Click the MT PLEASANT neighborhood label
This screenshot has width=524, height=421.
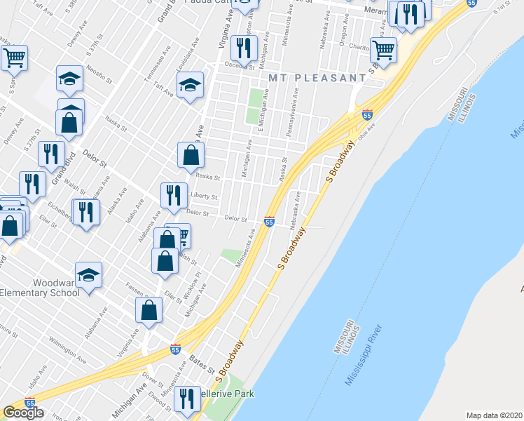315,77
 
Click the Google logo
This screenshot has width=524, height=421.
23,413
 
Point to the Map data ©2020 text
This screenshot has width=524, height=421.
494,415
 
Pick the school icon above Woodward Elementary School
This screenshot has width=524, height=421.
89,274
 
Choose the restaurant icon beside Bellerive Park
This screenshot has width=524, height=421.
186,399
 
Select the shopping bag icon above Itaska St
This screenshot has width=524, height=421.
191,156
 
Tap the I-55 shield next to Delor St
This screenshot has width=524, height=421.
269,222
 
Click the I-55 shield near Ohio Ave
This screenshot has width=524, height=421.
367,114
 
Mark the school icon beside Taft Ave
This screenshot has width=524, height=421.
190,86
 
